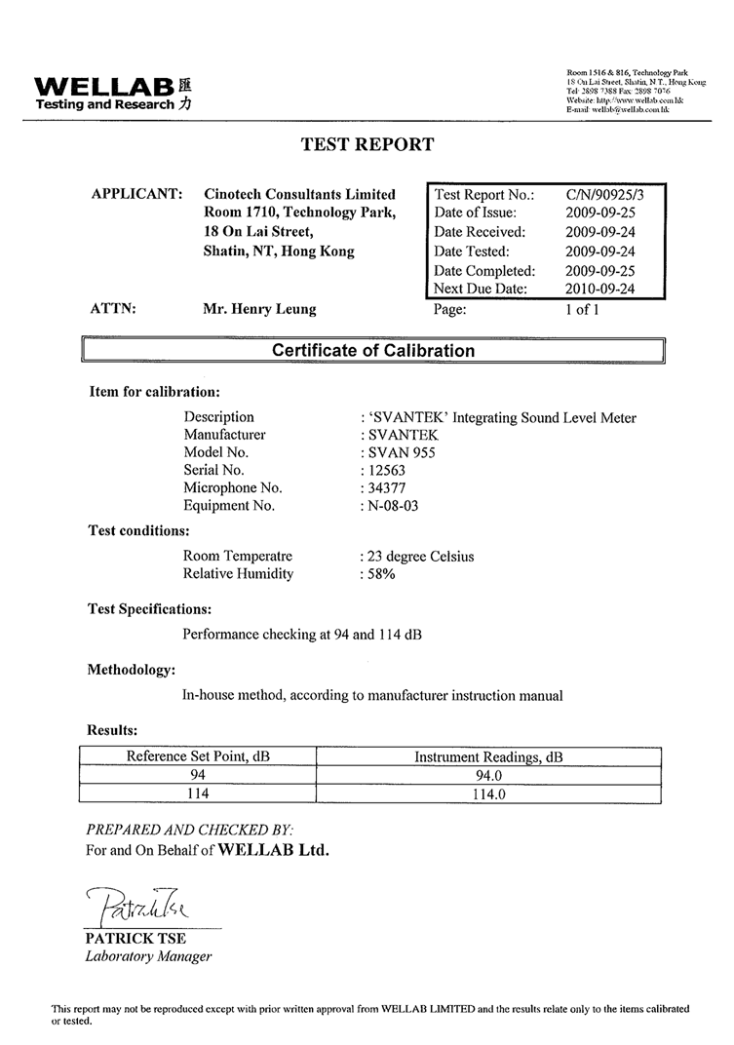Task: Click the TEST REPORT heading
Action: pos(367,144)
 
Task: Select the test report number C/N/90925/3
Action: pos(604,194)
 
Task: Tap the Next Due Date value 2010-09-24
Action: pos(599,289)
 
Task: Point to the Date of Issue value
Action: pos(599,213)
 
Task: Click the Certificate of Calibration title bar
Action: pos(373,351)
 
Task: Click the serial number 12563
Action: pos(384,470)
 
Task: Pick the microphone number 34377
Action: pos(384,487)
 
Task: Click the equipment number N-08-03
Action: pos(395,506)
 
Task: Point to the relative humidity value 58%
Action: pos(381,574)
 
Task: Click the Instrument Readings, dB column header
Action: pos(488,757)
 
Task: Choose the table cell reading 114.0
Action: pos(488,794)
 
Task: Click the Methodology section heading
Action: pos(132,670)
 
